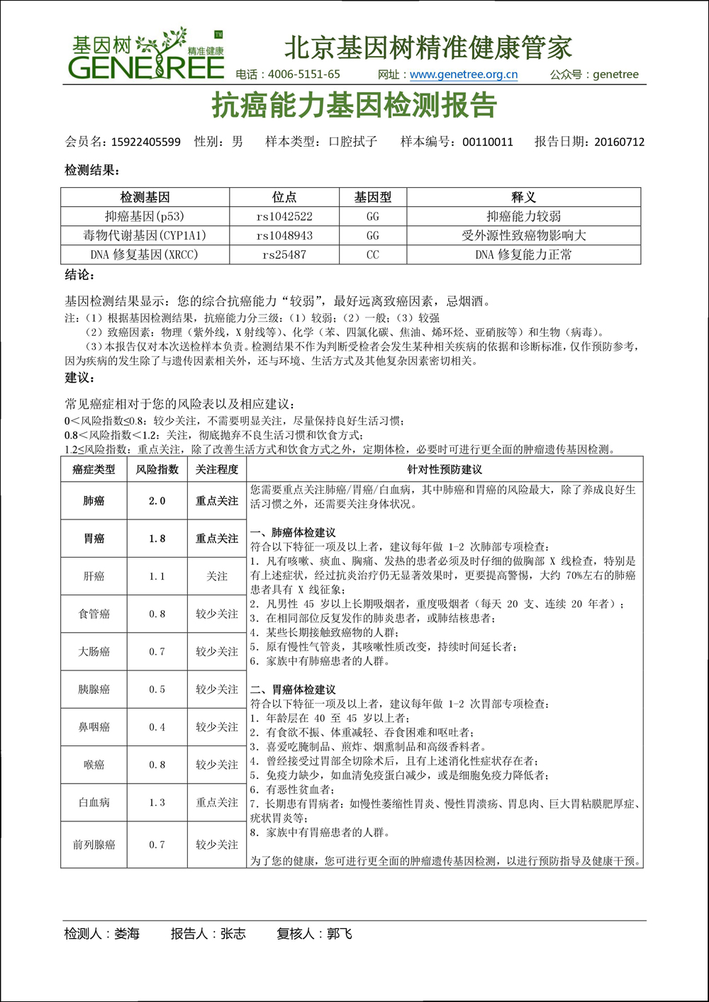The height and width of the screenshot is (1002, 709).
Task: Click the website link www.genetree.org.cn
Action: (x=464, y=74)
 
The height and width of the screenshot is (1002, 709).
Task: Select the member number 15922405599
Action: (x=145, y=142)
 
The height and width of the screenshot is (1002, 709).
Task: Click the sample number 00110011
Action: (x=488, y=142)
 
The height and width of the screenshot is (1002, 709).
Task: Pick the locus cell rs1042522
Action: (x=284, y=217)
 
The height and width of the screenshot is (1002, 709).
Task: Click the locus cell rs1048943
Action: (x=284, y=236)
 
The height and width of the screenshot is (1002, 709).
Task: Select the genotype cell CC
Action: (x=373, y=255)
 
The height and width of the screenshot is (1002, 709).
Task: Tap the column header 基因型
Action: (x=373, y=198)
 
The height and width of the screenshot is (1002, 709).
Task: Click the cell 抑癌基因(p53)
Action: (x=145, y=217)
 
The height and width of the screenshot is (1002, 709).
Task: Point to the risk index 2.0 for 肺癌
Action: (x=157, y=501)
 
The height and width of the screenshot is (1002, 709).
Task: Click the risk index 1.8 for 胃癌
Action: (x=157, y=539)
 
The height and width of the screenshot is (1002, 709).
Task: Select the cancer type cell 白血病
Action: (x=94, y=803)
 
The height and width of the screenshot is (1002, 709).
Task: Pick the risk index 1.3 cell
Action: (x=157, y=803)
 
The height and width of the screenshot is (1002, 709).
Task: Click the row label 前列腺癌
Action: (x=94, y=845)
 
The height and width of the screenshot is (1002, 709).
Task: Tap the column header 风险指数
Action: (x=157, y=469)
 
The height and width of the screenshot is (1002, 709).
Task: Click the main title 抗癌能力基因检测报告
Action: (x=354, y=106)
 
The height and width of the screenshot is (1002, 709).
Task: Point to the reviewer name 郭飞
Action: (x=340, y=934)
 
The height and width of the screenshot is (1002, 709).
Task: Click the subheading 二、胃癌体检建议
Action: (x=293, y=689)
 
